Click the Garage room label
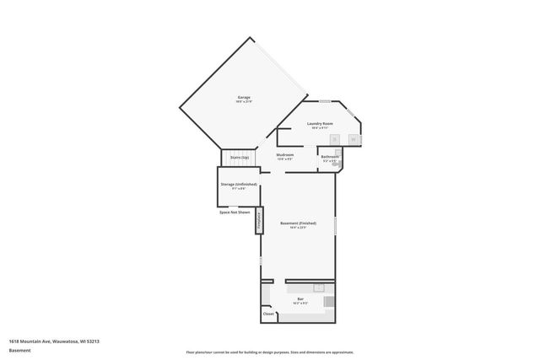pyautogui.click(x=243, y=99)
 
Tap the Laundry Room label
pyautogui.click(x=321, y=124)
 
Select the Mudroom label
pyautogui.click(x=285, y=155)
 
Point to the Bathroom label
pyautogui.click(x=329, y=157)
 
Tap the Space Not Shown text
pyautogui.click(x=235, y=212)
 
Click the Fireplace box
pyautogui.click(x=259, y=218)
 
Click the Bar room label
pyautogui.click(x=300, y=298)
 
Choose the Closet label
pyautogui.click(x=268, y=314)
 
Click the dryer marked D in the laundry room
pyautogui.click(x=335, y=138)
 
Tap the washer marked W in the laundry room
pyautogui.click(x=354, y=138)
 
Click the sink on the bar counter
pyautogui.click(x=319, y=287)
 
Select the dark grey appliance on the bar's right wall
pyautogui.click(x=330, y=301)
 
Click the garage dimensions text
pyautogui.click(x=243, y=103)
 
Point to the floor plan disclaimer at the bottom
pyautogui.click(x=269, y=352)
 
